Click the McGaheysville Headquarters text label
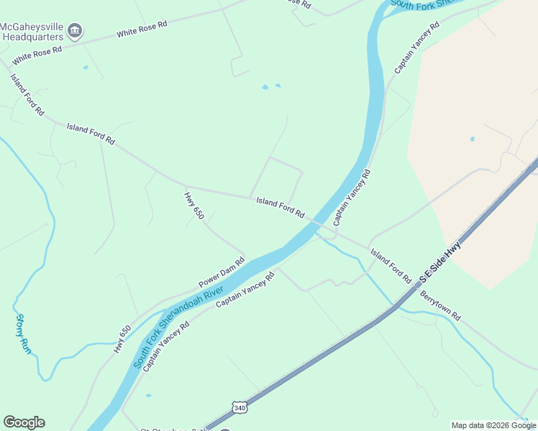click(x=32, y=32)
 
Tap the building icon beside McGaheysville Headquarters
click(x=75, y=32)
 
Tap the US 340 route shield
click(x=240, y=407)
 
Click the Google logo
click(x=24, y=422)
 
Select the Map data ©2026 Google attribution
click(x=493, y=425)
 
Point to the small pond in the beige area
click(x=472, y=139)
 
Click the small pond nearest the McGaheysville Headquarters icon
click(x=86, y=68)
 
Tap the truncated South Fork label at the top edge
click(x=424, y=4)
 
